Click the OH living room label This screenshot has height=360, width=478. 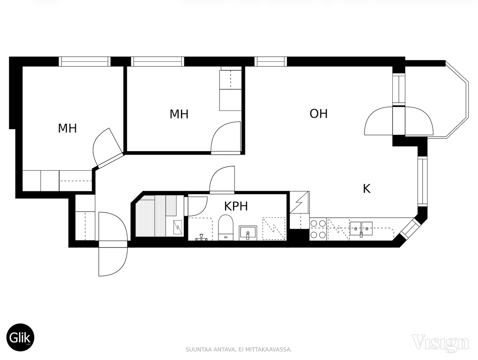[318, 114]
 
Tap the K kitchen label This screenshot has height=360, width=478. [367, 189]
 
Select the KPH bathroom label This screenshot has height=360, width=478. [236, 207]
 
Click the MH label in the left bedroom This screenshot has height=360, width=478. [67, 128]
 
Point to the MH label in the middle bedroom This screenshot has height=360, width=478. [179, 114]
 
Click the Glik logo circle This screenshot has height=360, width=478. [20, 337]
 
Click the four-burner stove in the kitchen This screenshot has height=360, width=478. [318, 229]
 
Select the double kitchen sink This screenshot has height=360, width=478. [361, 229]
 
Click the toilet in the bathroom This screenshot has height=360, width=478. [225, 228]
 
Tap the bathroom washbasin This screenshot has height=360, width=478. [248, 233]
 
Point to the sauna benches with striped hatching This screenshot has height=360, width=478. [156, 216]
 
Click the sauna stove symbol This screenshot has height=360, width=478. [178, 228]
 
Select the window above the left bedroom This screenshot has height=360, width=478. [85, 61]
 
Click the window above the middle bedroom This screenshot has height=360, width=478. [157, 61]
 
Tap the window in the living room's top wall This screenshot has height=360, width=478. [270, 61]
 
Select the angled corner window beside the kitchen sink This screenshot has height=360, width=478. [409, 229]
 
